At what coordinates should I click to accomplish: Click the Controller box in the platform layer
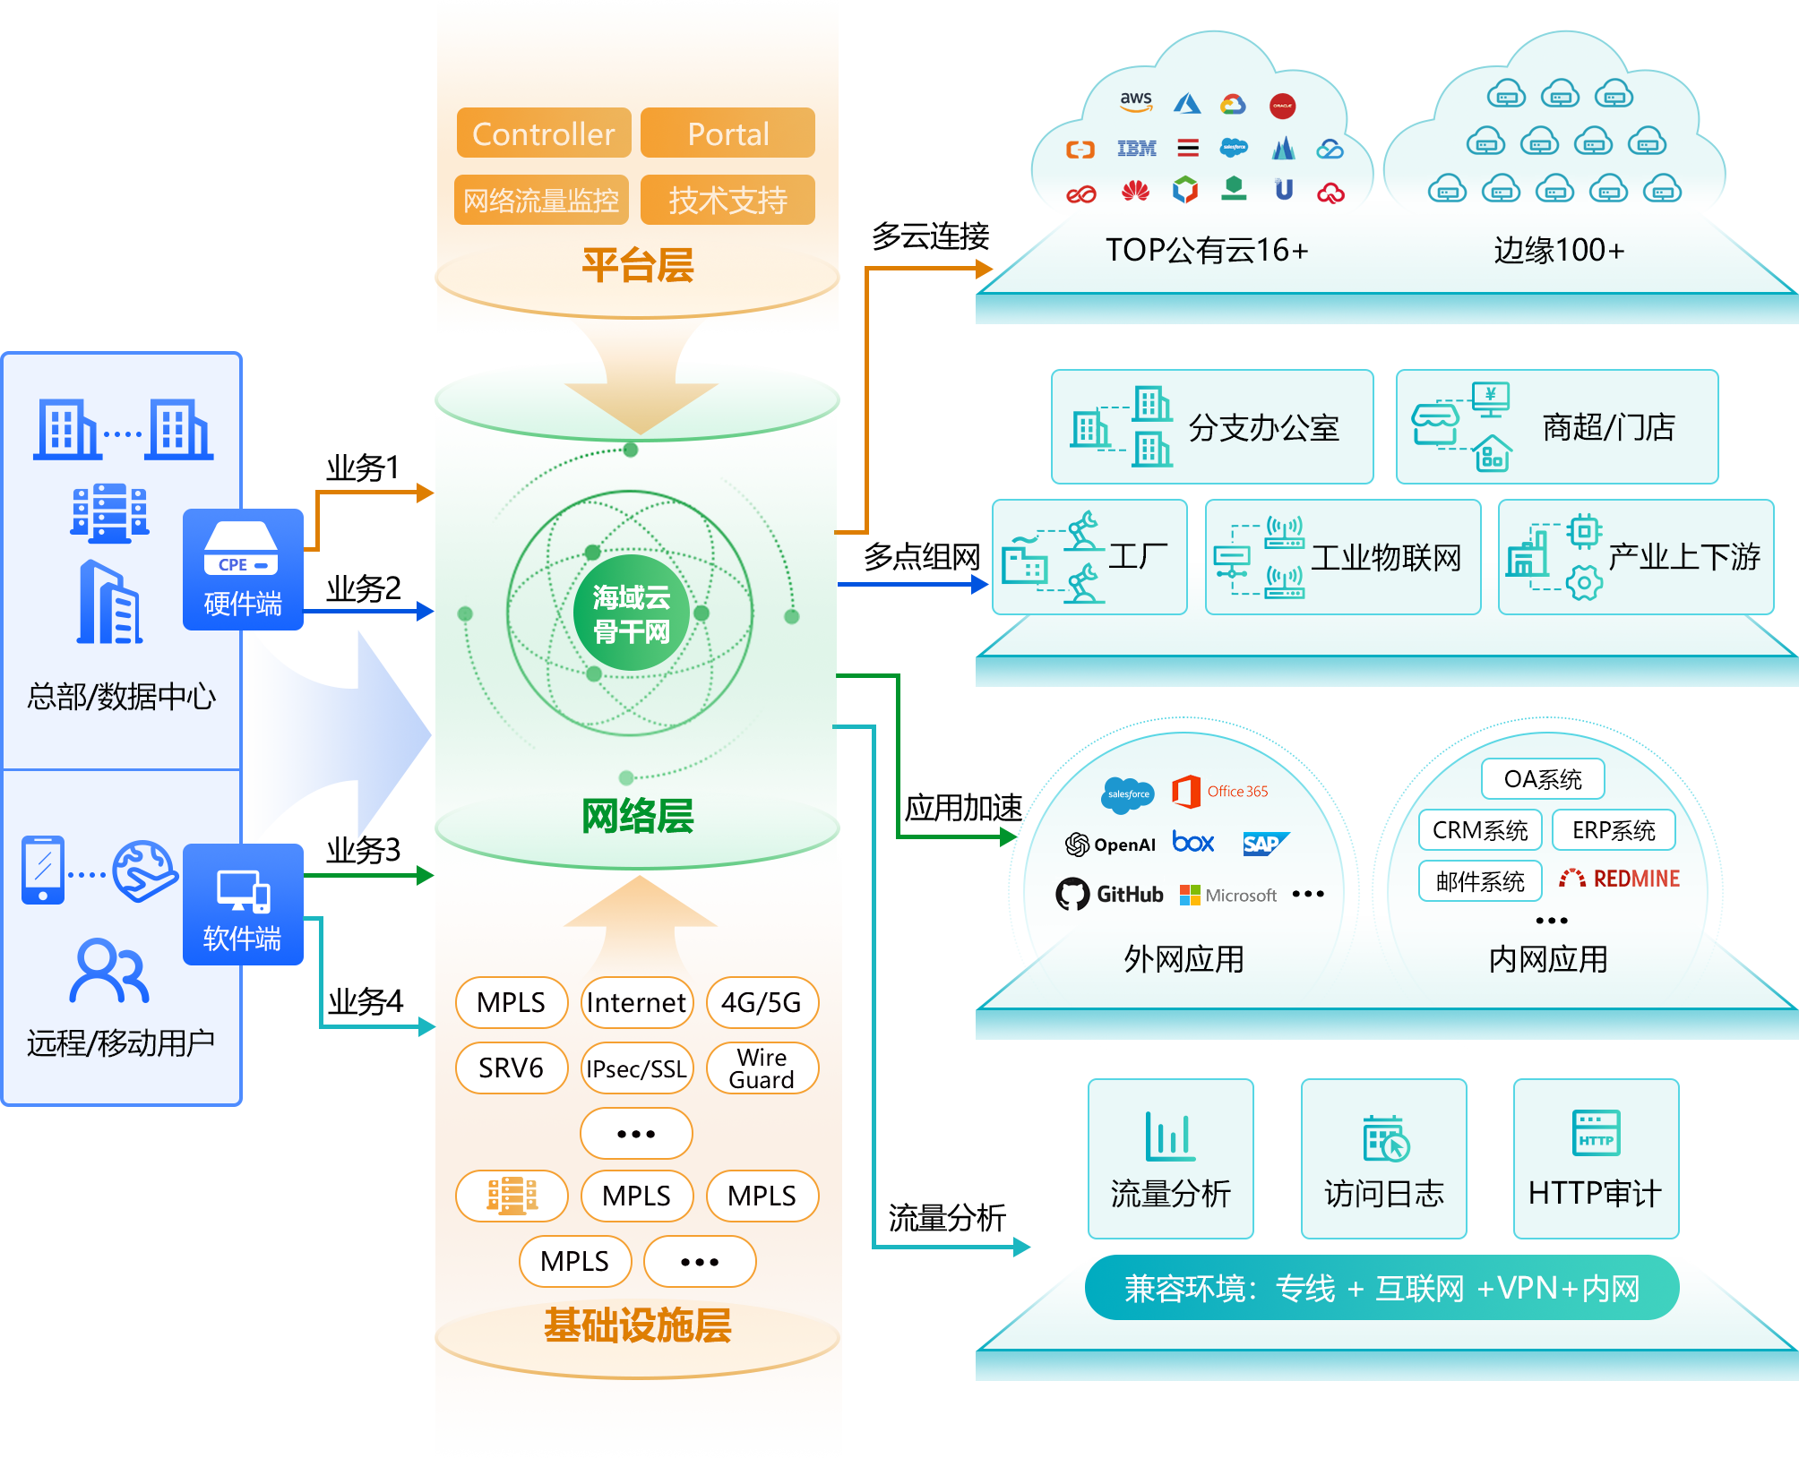[543, 133]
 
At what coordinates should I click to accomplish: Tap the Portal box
[728, 133]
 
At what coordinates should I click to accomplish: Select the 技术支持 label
[727, 200]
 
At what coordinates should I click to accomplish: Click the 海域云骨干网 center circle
[631, 614]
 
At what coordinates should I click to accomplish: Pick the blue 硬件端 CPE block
[243, 570]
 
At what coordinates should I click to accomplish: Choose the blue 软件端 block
[243, 905]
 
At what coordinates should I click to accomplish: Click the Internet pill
[636, 1002]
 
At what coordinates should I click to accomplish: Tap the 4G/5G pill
[762, 1002]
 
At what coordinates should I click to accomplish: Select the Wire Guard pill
[762, 1068]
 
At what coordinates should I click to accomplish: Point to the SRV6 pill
[511, 1068]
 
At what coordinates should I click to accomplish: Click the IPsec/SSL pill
[636, 1068]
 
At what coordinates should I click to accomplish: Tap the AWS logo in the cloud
[1136, 101]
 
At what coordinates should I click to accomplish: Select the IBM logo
[1136, 149]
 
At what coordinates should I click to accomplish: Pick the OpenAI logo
[1110, 845]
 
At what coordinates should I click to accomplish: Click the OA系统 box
[1543, 779]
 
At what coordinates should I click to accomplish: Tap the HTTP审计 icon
[1596, 1133]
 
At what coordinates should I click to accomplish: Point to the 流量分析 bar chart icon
[1169, 1136]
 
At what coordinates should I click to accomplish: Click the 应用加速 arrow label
[963, 809]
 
